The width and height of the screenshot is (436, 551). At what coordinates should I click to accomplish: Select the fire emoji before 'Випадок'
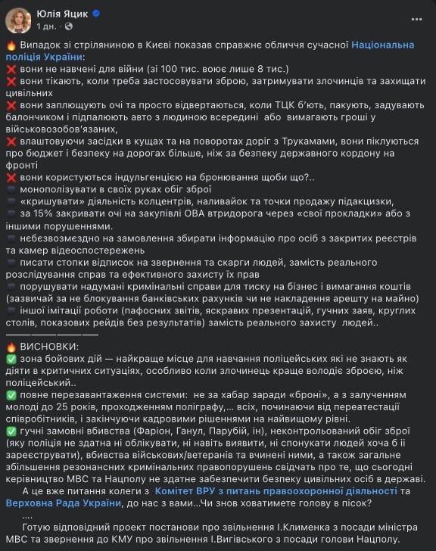[11, 45]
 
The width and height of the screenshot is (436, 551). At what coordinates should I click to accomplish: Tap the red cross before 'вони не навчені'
[11, 67]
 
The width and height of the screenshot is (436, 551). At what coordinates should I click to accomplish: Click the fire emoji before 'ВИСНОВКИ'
[11, 345]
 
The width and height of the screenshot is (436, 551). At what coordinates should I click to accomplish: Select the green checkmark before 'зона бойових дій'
[11, 357]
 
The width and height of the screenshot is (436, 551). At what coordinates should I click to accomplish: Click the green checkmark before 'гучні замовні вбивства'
[11, 431]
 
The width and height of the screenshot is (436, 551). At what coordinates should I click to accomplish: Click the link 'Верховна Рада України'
[64, 502]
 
